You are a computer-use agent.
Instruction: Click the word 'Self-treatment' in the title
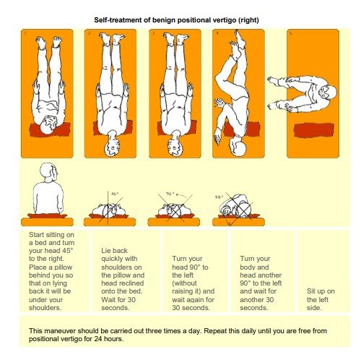point(119,19)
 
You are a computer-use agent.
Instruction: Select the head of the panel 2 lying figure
point(113,139)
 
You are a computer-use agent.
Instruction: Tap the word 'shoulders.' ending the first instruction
point(44,306)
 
